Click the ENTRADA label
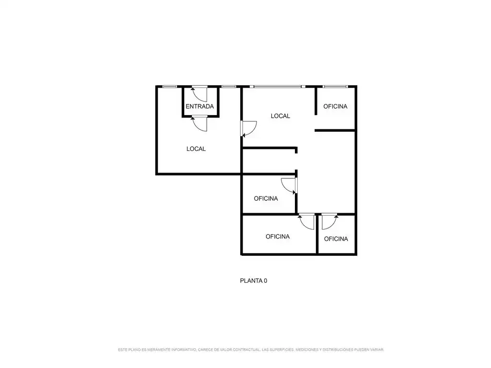(199, 106)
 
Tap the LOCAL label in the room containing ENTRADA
(196, 149)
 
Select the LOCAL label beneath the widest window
(280, 116)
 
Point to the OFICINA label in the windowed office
(335, 106)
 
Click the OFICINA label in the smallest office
(336, 239)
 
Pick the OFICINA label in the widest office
(278, 237)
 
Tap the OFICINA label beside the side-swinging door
(266, 198)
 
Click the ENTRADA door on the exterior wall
(199, 93)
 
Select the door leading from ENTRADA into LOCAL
(199, 123)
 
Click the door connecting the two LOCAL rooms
(249, 129)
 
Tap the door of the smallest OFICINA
(329, 221)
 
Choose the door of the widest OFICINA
(306, 221)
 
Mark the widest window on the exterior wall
(278, 86)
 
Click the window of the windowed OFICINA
(335, 86)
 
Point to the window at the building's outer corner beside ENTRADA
(170, 86)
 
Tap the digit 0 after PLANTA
(266, 281)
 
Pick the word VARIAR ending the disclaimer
(377, 349)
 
